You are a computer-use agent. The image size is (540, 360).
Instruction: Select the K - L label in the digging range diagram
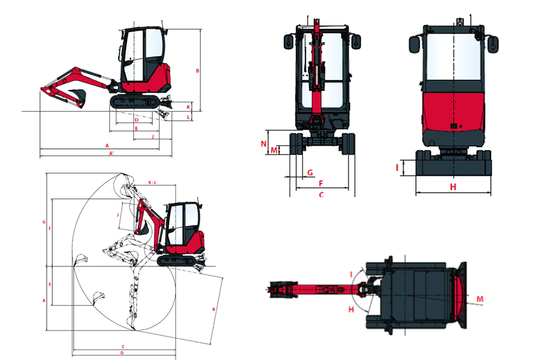tap(152, 183)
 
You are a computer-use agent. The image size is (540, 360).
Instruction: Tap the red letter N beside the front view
tap(264, 144)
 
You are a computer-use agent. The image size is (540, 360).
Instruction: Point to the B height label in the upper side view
tap(198, 71)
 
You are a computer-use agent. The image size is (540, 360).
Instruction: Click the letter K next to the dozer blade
tap(188, 106)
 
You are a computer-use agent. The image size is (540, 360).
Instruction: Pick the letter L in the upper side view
tap(188, 117)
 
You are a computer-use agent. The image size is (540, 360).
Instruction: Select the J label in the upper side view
tap(153, 137)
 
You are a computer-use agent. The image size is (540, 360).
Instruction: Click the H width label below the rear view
tap(453, 187)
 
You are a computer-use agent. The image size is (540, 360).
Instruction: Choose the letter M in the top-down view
tap(481, 298)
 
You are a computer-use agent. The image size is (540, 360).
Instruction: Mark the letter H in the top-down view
tap(351, 309)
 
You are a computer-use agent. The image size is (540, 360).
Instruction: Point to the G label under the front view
tap(309, 172)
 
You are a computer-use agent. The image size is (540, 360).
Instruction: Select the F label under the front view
tap(320, 183)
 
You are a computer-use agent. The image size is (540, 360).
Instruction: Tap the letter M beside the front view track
tap(274, 150)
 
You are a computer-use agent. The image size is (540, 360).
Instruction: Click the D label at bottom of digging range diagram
tap(122, 353)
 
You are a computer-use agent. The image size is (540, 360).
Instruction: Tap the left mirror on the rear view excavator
tap(414, 44)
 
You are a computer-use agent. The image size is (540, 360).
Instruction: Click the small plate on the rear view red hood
tap(453, 126)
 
